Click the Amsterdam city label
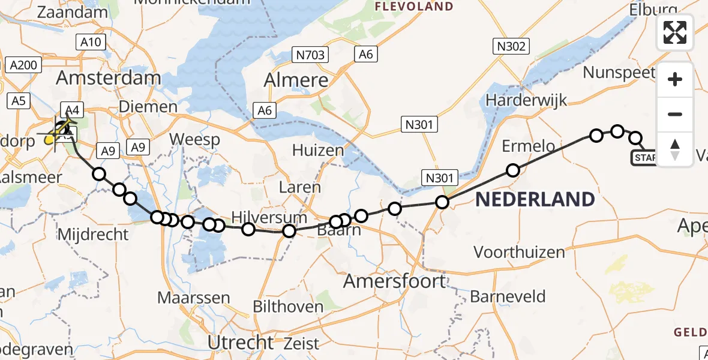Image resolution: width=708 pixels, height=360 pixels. [109, 78]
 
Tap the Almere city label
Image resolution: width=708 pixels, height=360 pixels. [296, 80]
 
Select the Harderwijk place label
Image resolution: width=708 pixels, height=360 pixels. [527, 100]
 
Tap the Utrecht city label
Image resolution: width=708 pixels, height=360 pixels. [241, 343]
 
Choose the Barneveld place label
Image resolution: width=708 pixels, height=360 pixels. [508, 296]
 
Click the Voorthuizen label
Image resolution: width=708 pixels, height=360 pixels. [520, 252]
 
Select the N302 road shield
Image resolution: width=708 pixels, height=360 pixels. [511, 46]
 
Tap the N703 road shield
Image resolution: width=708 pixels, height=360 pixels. [310, 56]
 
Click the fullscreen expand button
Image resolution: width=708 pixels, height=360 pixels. [675, 32]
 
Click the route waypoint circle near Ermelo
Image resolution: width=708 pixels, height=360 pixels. [513, 170]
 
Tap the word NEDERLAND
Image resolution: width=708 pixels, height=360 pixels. [535, 199]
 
